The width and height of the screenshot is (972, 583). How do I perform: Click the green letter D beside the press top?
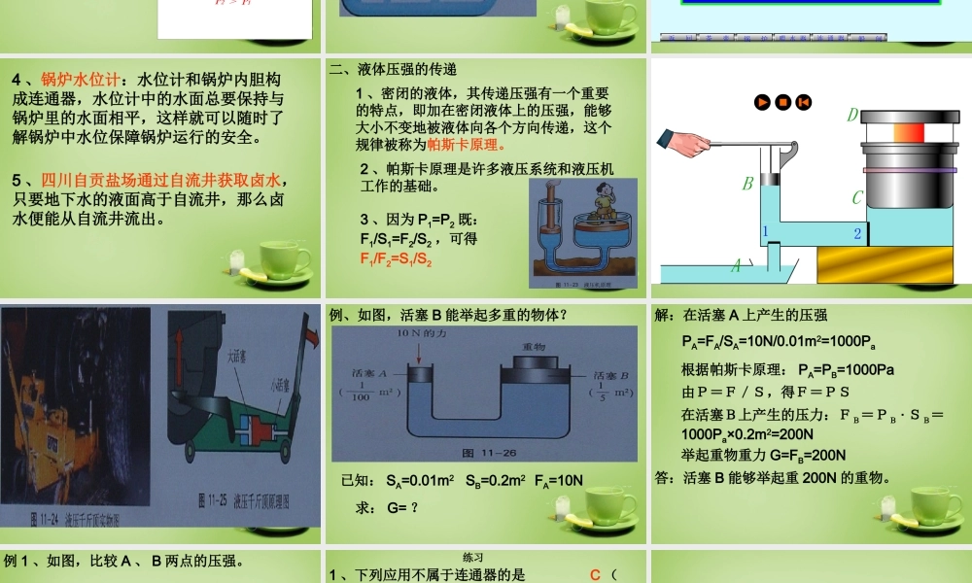click(852, 116)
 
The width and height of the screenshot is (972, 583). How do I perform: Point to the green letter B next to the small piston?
click(748, 183)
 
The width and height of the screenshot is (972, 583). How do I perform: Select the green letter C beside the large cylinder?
click(857, 198)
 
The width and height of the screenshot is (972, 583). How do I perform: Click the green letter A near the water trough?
click(736, 263)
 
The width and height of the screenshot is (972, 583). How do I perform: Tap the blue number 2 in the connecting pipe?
click(857, 233)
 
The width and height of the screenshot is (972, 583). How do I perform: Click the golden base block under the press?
click(894, 265)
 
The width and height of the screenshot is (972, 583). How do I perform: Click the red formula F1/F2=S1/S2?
click(396, 259)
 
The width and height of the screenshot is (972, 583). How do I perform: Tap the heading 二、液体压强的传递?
click(393, 70)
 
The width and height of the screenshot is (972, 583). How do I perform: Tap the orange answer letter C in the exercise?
click(596, 574)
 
